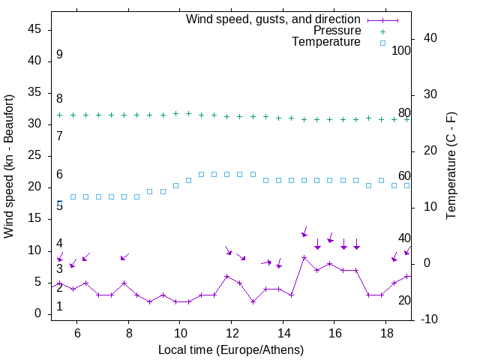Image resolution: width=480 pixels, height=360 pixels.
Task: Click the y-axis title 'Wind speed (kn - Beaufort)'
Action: [x=9, y=166]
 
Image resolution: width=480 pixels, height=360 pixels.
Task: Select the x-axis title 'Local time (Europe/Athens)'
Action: [x=231, y=349]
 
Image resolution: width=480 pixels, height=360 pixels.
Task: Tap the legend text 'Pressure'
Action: [x=337, y=31]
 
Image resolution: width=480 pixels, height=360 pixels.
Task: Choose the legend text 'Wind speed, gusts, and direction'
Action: [x=274, y=19]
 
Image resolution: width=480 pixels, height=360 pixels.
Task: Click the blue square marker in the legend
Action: [x=382, y=43]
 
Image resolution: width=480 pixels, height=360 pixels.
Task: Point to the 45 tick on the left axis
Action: [x=34, y=29]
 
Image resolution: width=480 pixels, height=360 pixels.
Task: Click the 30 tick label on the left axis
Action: [x=34, y=124]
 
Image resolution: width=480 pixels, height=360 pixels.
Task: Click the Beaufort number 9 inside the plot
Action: [x=59, y=55]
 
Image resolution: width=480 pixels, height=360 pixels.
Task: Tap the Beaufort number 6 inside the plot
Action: [x=59, y=175]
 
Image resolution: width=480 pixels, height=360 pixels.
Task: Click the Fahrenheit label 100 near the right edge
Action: [x=401, y=51]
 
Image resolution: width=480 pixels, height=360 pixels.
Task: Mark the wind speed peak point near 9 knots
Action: [x=304, y=257]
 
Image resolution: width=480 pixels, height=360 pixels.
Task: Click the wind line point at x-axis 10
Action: [x=175, y=301]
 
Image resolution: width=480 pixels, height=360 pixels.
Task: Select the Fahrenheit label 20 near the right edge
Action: [x=404, y=300]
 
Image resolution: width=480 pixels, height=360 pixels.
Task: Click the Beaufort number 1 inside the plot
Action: [x=59, y=307]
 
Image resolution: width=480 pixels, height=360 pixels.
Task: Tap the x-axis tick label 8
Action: [x=128, y=333]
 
